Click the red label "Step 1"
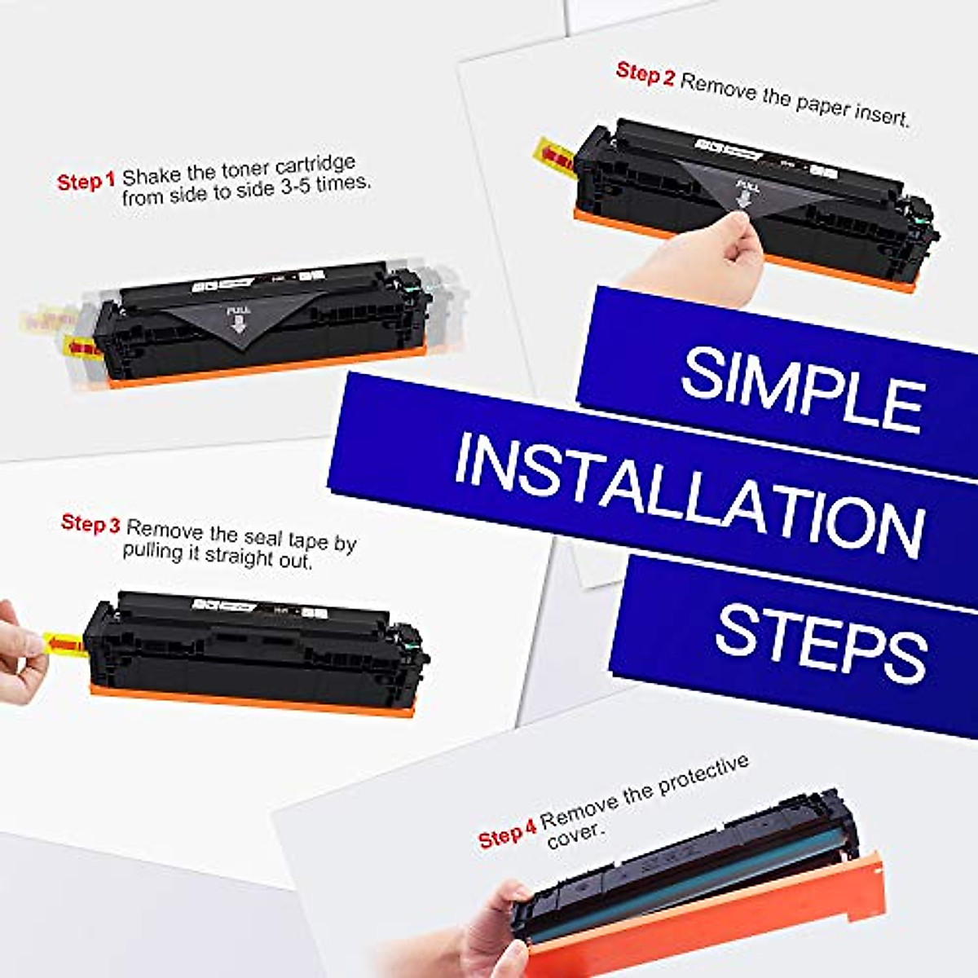pos(86,181)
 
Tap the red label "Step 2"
pos(645,73)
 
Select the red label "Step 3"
pos(90,523)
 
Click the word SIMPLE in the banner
pos(803,390)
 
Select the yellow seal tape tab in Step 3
pos(64,644)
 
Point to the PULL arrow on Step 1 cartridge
pos(237,320)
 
